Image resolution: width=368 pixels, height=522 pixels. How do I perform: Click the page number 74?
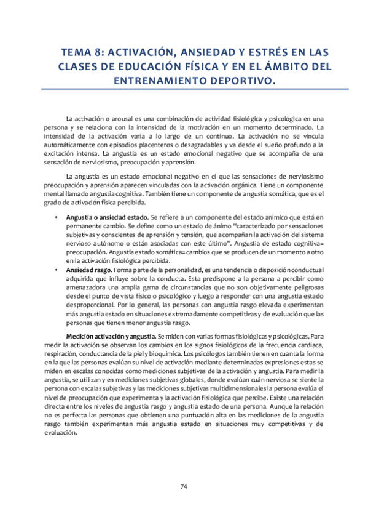[184, 487]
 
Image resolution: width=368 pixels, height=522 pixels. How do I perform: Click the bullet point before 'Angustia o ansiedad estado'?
[57, 218]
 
